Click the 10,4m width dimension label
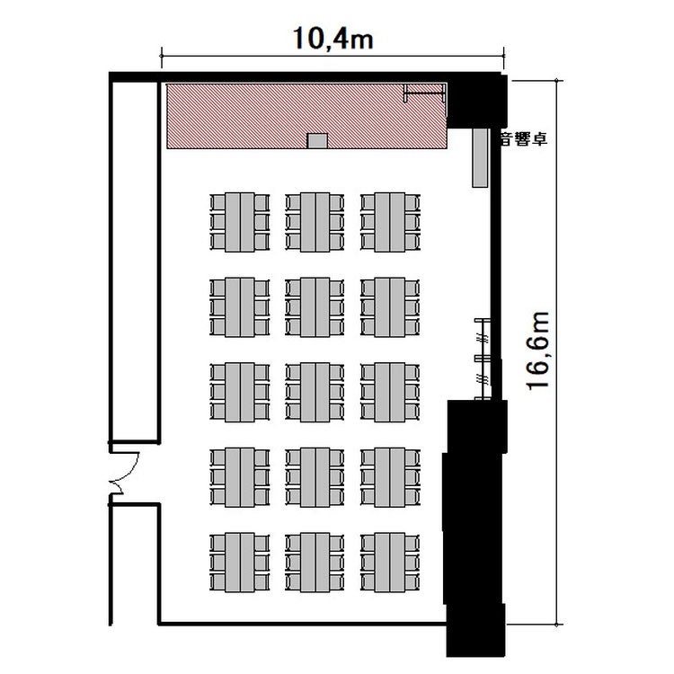click(333, 39)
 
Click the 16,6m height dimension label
click(537, 351)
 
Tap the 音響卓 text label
click(524, 139)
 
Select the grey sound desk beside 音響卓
click(480, 157)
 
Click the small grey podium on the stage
click(317, 140)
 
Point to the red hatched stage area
click(306, 116)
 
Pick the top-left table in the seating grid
click(240, 222)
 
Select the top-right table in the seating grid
click(390, 222)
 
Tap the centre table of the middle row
click(315, 392)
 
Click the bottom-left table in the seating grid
click(240, 563)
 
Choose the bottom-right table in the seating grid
click(390, 563)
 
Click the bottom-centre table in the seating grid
click(315, 563)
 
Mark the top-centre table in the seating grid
click(315, 222)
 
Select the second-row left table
click(240, 307)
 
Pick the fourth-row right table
click(390, 477)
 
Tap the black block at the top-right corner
click(477, 101)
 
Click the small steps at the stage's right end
click(424, 93)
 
